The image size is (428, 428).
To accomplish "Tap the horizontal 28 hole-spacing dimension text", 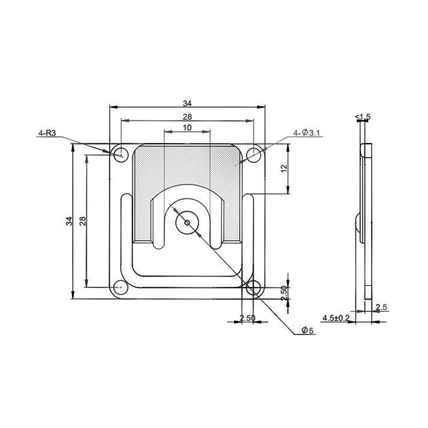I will [x=187, y=116].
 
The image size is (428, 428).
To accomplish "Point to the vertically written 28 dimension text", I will [x=83, y=221].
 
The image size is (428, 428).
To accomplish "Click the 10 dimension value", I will [x=187, y=128].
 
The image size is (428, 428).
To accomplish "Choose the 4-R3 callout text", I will [x=47, y=133].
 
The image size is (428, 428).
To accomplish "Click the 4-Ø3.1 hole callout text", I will [x=307, y=133].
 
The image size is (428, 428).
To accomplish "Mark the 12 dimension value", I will [x=284, y=168].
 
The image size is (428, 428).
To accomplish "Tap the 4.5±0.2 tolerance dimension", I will [x=335, y=318].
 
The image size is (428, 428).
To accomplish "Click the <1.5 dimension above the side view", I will [x=362, y=116].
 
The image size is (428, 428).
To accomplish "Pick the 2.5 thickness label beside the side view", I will [x=381, y=307].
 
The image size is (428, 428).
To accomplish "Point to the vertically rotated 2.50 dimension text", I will [x=284, y=294].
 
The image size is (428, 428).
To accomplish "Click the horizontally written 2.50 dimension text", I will [x=247, y=318].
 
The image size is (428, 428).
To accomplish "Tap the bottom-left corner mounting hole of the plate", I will [x=120, y=288].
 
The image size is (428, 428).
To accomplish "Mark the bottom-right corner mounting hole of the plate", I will [x=254, y=288].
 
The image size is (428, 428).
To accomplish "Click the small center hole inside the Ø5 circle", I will [x=187, y=221].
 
